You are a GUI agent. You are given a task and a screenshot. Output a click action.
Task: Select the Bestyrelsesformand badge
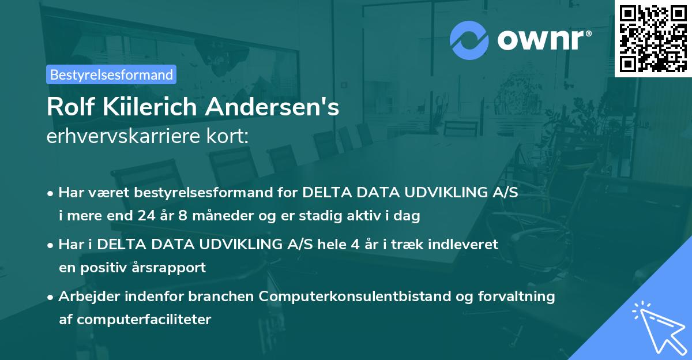111,74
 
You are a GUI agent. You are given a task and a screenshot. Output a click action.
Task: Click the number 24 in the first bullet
146,216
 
